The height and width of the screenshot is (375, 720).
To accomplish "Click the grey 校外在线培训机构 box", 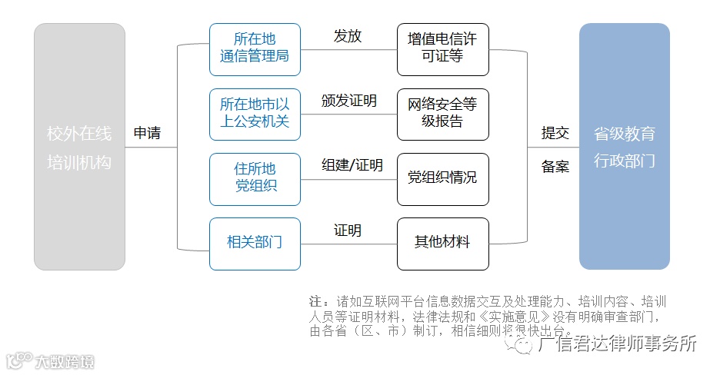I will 79,147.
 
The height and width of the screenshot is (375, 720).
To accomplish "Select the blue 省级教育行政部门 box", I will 624,147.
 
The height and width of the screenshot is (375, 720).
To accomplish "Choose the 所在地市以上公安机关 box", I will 255,113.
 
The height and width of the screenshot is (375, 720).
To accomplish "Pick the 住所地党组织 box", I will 255,178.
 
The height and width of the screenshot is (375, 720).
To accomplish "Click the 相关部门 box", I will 255,243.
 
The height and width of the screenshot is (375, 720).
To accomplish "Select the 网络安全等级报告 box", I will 442,113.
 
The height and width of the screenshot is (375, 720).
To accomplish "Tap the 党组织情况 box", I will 442,178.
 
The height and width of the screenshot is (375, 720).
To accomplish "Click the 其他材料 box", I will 442,243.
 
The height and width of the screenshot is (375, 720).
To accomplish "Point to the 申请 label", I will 148,133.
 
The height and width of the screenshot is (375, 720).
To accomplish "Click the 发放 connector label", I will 348,36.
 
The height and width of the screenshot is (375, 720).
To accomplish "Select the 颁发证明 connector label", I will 348,101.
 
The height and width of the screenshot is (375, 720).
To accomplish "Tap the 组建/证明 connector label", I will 352,165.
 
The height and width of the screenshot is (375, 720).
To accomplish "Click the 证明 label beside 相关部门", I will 348,231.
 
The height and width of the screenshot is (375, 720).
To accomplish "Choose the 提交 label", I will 555,133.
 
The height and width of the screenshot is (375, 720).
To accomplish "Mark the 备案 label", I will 555,166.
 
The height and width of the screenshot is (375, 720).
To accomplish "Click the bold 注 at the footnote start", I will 315,300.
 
